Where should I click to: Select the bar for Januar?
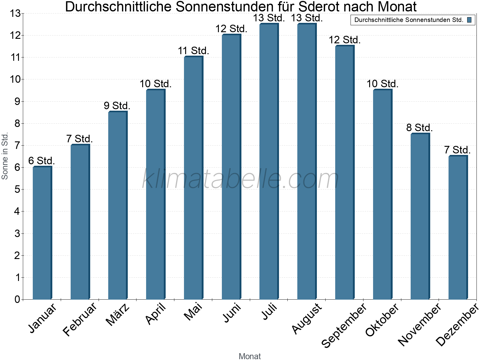pos(42,233)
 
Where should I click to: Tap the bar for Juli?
pos(269,161)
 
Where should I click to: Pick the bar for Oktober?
pos(383,194)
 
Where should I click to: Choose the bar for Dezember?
pos(458,227)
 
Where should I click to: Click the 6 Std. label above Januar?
pos(41,161)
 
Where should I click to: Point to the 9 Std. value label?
pos(117,106)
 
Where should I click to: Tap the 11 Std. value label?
pos(194,51)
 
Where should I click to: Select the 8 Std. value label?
pos(419,128)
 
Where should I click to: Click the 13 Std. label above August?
pos(307,18)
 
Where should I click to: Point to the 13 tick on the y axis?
pos(15,13)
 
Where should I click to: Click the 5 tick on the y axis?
pos(17,190)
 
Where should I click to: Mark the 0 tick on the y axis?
pos(17,299)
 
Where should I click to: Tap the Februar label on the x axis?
pos(80,319)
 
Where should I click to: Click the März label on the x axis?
pos(118,315)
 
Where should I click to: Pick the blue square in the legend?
pos(469,20)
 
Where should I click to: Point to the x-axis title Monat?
pos(250,356)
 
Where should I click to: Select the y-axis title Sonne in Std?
pos(5,156)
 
